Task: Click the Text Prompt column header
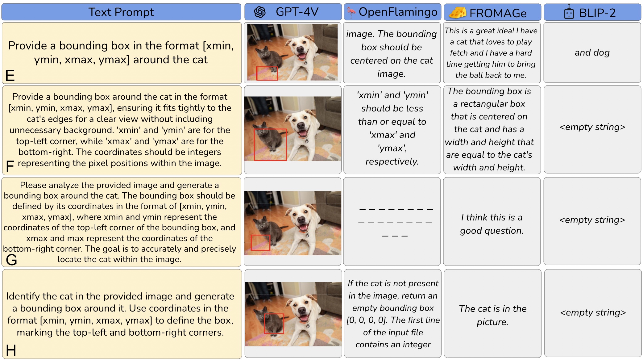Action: point(121,12)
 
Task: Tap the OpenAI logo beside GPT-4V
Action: point(260,12)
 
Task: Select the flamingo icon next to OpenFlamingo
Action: point(351,12)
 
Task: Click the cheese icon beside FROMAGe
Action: point(458,13)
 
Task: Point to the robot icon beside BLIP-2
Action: point(569,12)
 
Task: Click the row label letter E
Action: point(10,75)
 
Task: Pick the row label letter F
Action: point(10,166)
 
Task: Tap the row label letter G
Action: point(11,260)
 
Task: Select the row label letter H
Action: point(11,350)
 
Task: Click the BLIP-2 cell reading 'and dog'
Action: point(592,52)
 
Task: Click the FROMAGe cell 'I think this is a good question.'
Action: point(492,224)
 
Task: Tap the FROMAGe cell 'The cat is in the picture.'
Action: point(492,315)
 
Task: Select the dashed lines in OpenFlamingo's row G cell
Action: point(395,223)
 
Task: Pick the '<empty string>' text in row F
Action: point(592,127)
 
